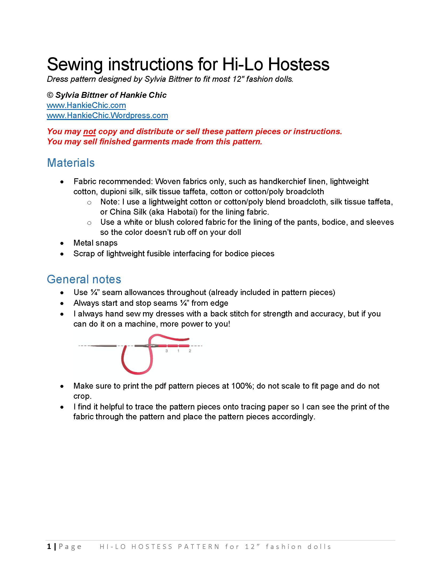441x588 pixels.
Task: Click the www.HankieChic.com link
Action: pyautogui.click(x=86, y=105)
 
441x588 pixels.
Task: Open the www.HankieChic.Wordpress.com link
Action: pyautogui.click(x=107, y=115)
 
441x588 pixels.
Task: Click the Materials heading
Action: pyautogui.click(x=71, y=163)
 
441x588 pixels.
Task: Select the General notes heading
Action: pyautogui.click(x=84, y=279)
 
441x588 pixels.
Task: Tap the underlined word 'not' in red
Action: pyautogui.click(x=90, y=131)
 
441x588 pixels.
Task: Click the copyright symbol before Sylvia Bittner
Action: pyautogui.click(x=50, y=95)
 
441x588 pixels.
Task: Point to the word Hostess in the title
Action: pyautogui.click(x=299, y=64)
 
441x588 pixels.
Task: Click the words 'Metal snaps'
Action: pyautogui.click(x=95, y=243)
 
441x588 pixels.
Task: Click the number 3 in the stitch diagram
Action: pyautogui.click(x=167, y=351)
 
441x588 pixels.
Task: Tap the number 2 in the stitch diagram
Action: pyautogui.click(x=190, y=351)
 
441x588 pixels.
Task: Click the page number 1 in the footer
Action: pyautogui.click(x=49, y=547)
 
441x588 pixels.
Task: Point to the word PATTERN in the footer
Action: pyautogui.click(x=199, y=547)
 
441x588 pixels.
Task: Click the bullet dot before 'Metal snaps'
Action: pyautogui.click(x=62, y=243)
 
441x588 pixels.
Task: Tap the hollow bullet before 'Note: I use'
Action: pyautogui.click(x=89, y=203)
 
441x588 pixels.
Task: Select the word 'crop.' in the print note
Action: pyautogui.click(x=82, y=396)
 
